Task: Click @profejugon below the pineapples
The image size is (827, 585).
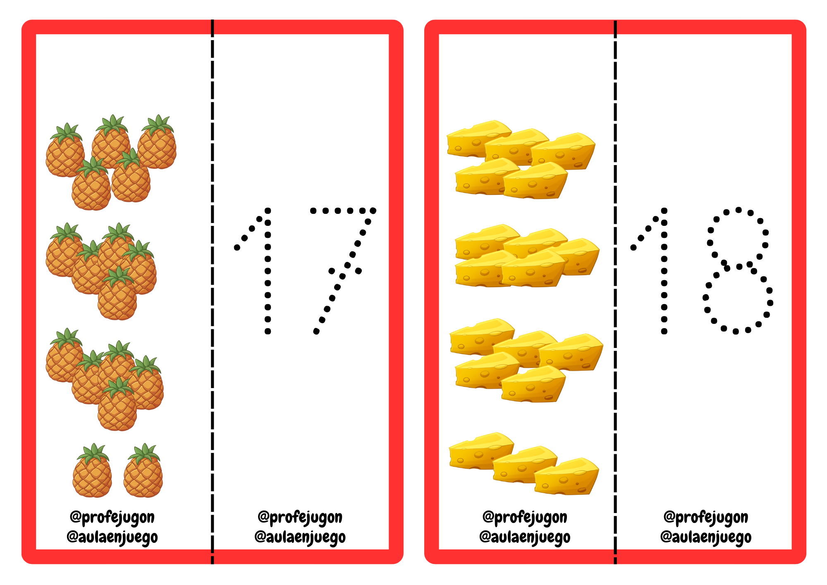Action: [x=112, y=518]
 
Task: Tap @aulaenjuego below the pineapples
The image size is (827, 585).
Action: [x=112, y=537]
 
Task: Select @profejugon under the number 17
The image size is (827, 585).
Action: [x=300, y=518]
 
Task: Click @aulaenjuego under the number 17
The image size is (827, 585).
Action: [x=300, y=537]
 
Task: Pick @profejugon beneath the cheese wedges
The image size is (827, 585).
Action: [x=525, y=518]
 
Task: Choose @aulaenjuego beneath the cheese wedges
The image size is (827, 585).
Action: [x=525, y=537]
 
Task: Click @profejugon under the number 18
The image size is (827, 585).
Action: [x=706, y=518]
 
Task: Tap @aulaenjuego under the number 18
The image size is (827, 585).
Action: [x=706, y=537]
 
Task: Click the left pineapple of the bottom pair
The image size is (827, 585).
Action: [x=92, y=476]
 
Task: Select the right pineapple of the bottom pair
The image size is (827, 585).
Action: [x=143, y=476]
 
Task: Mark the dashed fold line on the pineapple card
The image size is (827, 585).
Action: [x=213, y=290]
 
